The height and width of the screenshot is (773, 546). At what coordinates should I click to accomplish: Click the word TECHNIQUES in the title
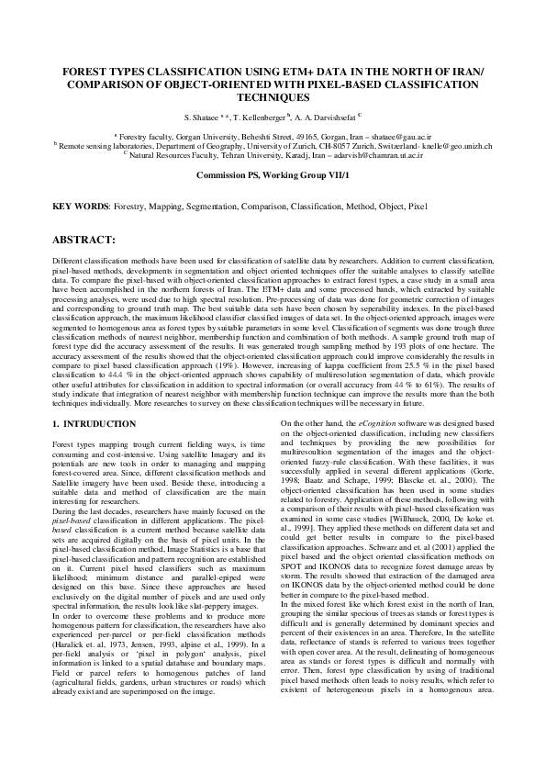(x=273, y=95)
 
